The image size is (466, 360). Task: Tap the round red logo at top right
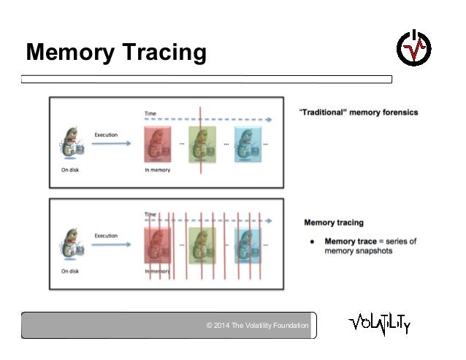(413, 48)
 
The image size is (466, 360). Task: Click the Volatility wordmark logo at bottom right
(379, 323)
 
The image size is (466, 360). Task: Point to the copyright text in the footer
(258, 325)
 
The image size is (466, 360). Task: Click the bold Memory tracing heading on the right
(333, 223)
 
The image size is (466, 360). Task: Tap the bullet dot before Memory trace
(312, 241)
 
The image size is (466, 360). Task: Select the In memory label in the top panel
(157, 170)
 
